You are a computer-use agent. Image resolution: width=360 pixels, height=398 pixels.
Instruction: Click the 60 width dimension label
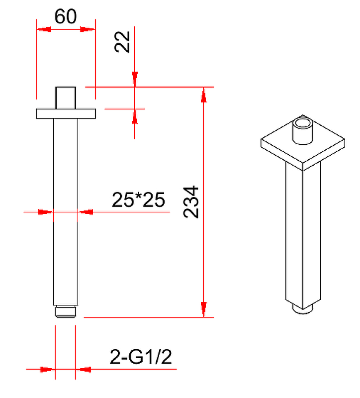point(66,16)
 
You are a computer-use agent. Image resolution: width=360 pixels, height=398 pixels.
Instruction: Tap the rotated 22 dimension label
point(122,42)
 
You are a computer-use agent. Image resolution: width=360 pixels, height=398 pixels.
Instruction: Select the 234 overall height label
point(191,202)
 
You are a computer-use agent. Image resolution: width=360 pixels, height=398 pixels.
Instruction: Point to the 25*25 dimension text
point(138,200)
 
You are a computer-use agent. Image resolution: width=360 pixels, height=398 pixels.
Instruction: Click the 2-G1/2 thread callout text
point(141,357)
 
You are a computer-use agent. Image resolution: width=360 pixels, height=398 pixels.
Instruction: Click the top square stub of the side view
point(66,98)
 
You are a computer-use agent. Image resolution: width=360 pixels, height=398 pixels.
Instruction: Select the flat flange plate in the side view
point(66,114)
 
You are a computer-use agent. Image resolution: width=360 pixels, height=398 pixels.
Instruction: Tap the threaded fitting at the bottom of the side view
point(66,311)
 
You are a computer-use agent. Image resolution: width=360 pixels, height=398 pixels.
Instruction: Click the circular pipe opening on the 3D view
point(303,123)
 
